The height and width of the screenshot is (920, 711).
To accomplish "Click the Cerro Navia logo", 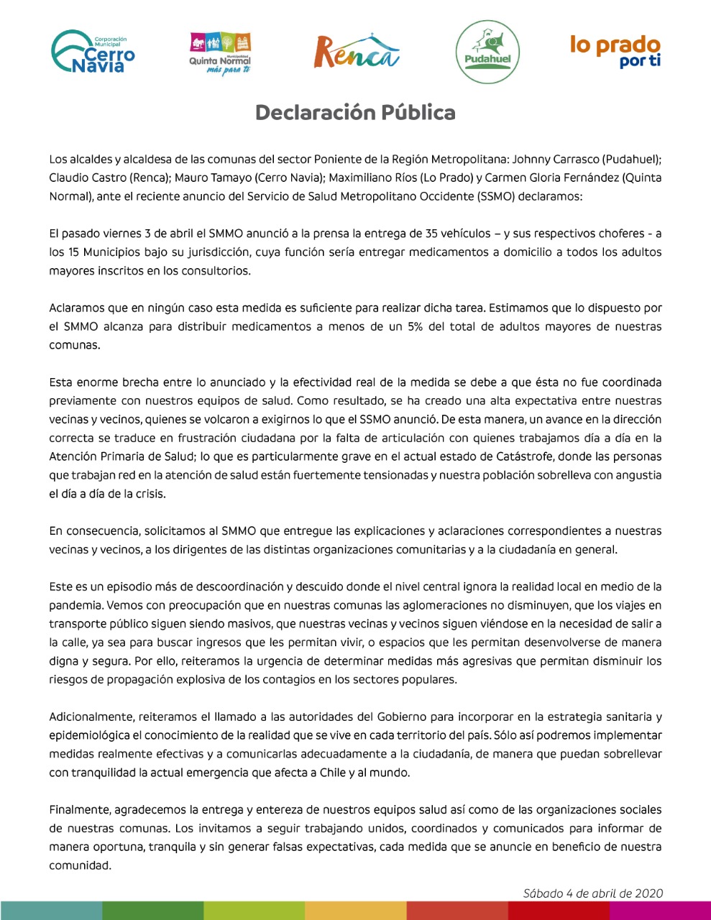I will point(93,52).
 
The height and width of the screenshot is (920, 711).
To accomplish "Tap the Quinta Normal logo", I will point(220,53).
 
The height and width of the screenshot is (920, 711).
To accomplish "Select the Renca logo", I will point(357,51).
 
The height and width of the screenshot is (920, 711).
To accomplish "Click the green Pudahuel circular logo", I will point(487,52).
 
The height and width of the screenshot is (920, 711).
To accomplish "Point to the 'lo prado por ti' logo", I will point(615,51).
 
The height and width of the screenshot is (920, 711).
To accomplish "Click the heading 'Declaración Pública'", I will point(355,113).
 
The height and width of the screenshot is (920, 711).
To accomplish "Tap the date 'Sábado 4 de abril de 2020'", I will point(592,893).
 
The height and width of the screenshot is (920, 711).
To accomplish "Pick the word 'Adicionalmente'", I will point(91,717).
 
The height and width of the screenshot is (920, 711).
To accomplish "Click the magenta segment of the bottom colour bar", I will point(660,910).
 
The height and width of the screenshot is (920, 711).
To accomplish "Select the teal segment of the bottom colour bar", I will point(50,910).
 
